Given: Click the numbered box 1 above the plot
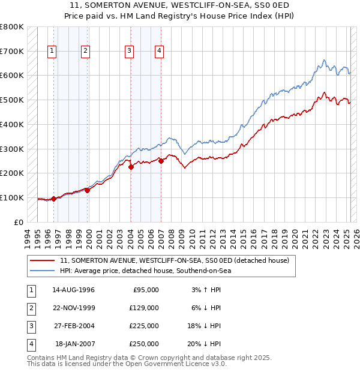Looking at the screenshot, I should click(53, 51).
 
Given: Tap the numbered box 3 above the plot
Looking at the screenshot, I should click(129, 51).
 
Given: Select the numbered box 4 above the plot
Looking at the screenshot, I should click(159, 51).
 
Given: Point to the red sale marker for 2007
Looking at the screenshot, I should click(161, 161).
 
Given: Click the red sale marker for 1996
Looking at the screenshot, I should click(53, 199).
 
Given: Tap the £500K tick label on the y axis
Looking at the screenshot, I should click(11, 100).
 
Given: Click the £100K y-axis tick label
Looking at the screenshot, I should click(11, 197).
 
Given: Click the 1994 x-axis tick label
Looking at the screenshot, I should click(28, 237).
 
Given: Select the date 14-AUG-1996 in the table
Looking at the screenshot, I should click(73, 290).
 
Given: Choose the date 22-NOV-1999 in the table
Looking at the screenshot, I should click(73, 308).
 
